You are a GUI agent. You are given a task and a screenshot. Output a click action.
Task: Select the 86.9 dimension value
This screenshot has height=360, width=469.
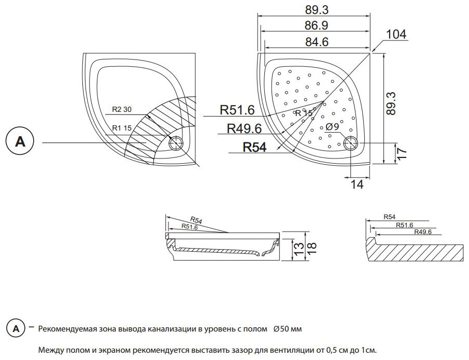(316, 26)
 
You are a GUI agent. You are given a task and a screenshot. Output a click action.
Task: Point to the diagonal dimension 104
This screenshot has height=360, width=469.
(396, 34)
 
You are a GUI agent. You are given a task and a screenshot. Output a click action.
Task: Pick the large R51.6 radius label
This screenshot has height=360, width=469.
(237, 110)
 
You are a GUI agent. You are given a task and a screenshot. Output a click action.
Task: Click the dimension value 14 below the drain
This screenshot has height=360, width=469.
(354, 184)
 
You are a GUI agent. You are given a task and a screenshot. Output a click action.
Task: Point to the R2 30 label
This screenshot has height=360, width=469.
(122, 110)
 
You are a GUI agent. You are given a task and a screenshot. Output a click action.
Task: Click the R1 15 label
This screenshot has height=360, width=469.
(120, 127)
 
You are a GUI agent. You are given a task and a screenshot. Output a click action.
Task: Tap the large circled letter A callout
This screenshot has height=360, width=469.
(20, 142)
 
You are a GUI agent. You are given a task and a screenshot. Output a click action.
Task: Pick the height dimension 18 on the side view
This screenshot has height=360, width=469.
(311, 248)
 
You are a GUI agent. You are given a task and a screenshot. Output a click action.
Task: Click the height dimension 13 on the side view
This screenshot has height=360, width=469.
(299, 250)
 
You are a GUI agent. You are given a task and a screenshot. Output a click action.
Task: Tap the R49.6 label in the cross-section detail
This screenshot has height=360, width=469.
(423, 232)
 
